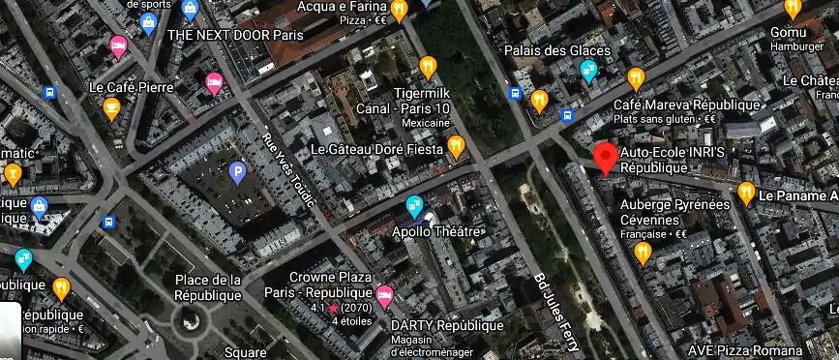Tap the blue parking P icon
[237, 173]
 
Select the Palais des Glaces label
[556, 50]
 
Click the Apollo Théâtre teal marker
[414, 205]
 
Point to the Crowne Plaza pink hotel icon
[384, 293]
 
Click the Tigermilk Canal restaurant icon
[428, 67]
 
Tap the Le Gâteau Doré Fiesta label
[376, 150]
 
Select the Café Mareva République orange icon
[636, 77]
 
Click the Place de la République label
[206, 287]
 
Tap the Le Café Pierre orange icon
[111, 107]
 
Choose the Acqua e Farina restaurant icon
[397, 5]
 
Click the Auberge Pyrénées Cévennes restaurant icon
[642, 253]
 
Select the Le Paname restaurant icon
[746, 193]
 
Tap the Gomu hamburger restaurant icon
[793, 8]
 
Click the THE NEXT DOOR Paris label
[235, 35]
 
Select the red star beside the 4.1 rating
[334, 308]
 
